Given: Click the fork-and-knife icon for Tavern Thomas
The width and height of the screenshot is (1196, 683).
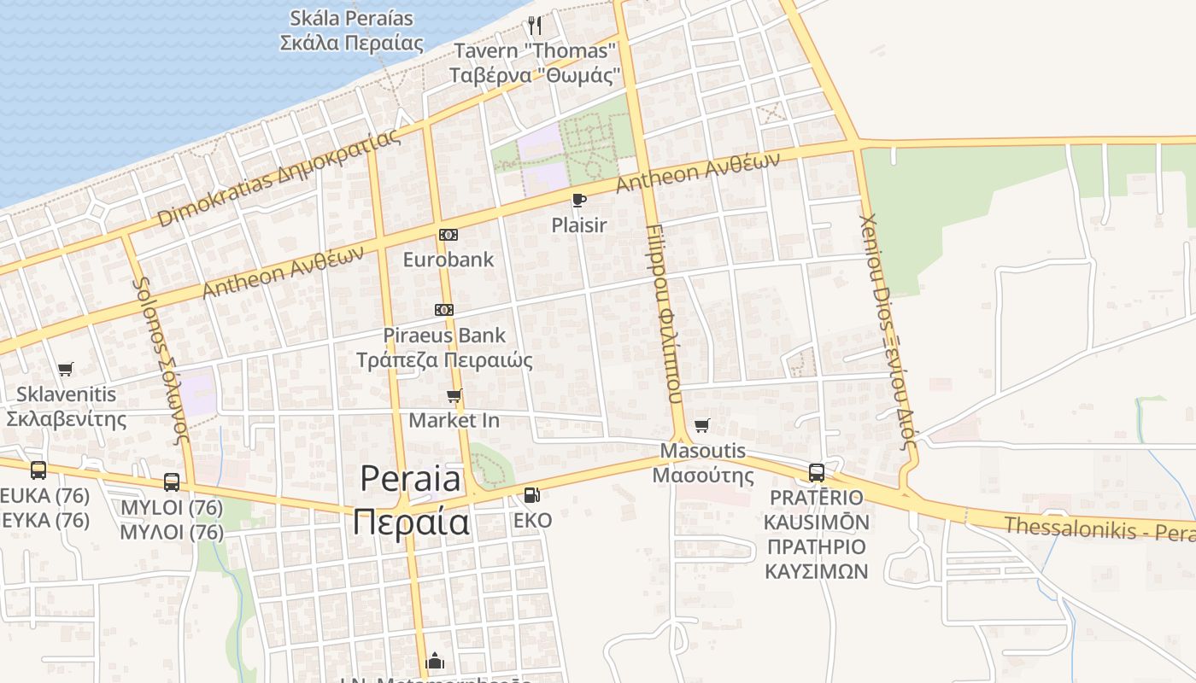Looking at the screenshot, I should (x=535, y=25).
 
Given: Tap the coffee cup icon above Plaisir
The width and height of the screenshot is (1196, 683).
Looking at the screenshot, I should (x=578, y=201).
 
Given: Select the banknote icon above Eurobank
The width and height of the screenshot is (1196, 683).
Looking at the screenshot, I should (x=448, y=235).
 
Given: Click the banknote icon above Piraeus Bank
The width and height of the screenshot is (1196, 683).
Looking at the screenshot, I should (x=444, y=310).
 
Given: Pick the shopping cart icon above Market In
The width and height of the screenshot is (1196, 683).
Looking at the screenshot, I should (x=454, y=395).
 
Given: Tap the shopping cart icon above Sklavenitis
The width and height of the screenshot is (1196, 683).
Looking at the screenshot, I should (x=66, y=370).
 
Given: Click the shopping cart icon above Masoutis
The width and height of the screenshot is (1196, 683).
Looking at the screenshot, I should (x=702, y=425).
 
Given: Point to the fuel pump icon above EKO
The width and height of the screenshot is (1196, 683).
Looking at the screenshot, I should (x=531, y=494).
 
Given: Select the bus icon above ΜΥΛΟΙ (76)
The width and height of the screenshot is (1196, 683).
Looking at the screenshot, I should (x=172, y=482).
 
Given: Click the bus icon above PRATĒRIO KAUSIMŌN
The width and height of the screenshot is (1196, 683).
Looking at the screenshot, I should (x=817, y=472).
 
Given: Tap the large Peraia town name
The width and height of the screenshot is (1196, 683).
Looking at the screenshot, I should (x=411, y=499).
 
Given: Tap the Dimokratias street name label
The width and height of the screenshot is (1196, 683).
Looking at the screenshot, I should (x=278, y=179).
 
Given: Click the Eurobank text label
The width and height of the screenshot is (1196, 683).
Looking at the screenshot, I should (x=448, y=260).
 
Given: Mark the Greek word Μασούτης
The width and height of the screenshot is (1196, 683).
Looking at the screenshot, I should (x=703, y=476).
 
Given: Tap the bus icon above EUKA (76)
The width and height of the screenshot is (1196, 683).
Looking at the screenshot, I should (x=38, y=470).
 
